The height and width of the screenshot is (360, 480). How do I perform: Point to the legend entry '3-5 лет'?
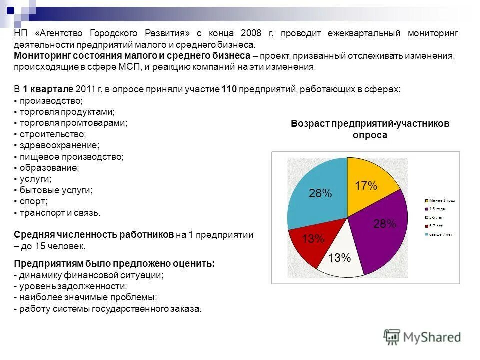(x=435, y=217)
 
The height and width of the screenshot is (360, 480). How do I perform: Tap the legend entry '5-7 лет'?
(x=435, y=226)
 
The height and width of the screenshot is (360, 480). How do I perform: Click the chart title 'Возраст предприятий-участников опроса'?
(x=370, y=129)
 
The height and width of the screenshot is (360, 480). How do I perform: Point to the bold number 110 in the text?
(x=228, y=89)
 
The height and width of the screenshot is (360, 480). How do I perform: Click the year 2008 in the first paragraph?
(x=250, y=33)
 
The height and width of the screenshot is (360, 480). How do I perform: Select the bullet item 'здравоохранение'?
(x=59, y=145)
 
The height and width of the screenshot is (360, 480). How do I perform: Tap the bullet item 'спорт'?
(x=33, y=201)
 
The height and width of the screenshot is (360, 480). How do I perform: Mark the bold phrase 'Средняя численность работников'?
(x=93, y=235)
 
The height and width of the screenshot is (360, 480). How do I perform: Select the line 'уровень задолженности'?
(x=72, y=286)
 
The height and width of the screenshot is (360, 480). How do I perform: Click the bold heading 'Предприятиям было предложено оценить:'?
(x=114, y=264)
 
